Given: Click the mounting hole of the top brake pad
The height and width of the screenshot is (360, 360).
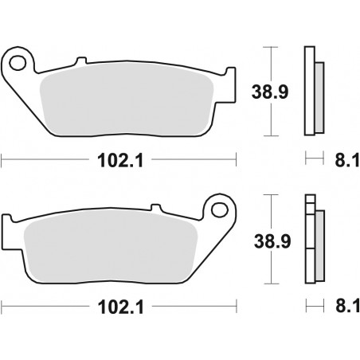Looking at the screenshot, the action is click(18, 63).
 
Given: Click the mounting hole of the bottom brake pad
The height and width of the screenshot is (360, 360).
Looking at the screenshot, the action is click(220, 210).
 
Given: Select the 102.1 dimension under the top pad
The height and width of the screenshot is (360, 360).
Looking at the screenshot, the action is click(120, 160).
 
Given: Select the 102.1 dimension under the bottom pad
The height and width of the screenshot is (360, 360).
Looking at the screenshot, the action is click(121, 307).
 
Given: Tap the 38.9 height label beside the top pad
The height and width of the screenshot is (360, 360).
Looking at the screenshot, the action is click(270, 92).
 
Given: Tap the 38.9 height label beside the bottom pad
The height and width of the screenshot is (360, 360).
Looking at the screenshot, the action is click(272, 241).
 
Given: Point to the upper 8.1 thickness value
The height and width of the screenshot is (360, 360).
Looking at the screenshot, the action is click(347, 160).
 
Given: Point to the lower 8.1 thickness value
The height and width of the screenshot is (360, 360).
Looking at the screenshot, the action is click(347, 306).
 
